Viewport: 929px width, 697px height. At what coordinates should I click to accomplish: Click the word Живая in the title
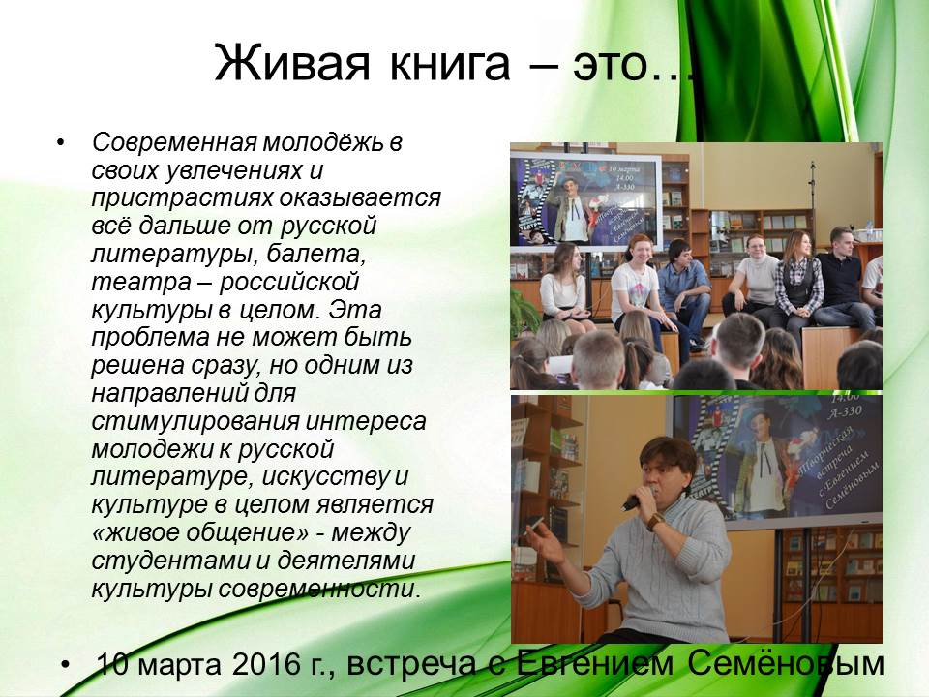[x=291, y=63]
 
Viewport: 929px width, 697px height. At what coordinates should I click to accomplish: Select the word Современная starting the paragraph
[x=174, y=142]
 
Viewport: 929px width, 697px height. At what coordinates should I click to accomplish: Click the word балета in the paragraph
[x=315, y=254]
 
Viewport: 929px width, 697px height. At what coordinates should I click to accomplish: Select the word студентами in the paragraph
[x=170, y=561]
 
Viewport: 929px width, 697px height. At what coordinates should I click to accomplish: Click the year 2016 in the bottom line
[x=265, y=664]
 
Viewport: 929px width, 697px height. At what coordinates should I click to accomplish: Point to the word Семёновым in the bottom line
[x=786, y=663]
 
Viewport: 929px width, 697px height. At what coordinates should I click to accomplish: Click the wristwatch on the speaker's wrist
[x=655, y=522]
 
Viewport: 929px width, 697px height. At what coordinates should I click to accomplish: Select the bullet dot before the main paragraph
[x=60, y=142]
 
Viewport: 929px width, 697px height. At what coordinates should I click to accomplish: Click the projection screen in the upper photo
[x=586, y=201]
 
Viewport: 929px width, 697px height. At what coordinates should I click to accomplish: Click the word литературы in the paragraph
[x=174, y=254]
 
